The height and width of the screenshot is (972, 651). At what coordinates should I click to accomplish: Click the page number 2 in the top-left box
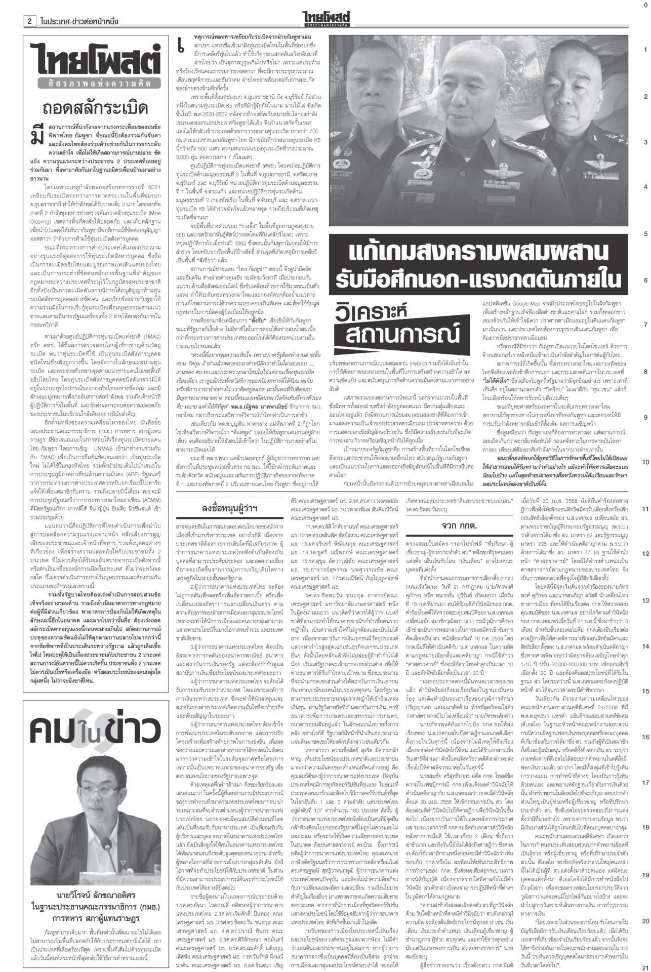(x=30, y=22)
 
